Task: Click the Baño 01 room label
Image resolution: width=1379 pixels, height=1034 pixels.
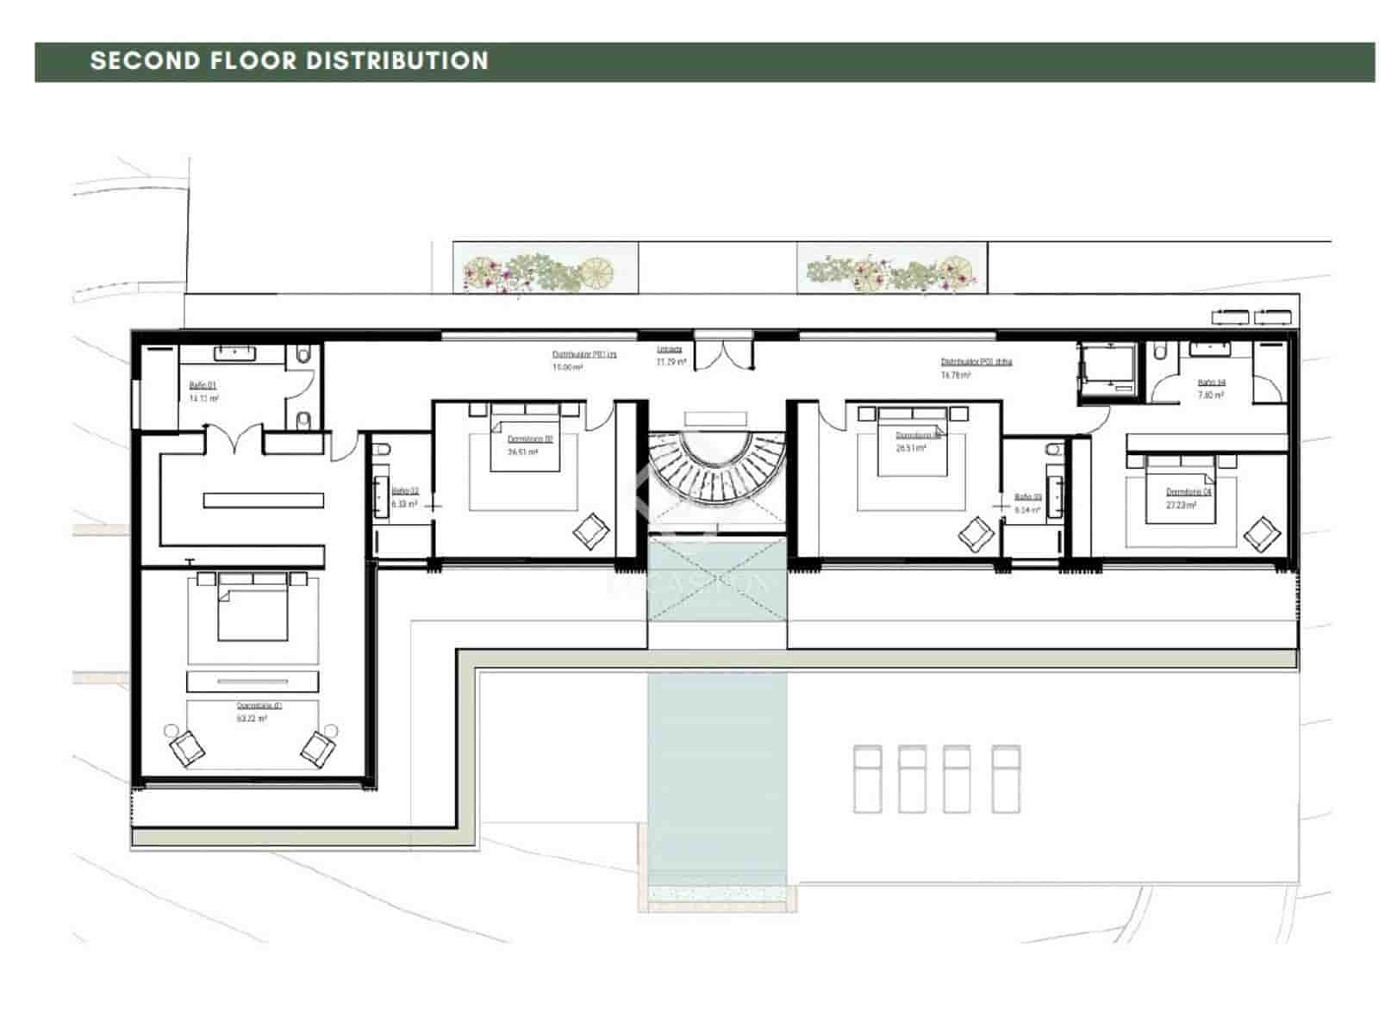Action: pyautogui.click(x=203, y=386)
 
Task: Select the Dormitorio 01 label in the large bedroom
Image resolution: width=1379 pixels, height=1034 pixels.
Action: pyautogui.click(x=259, y=705)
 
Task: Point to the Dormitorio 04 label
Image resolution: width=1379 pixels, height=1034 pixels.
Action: pyautogui.click(x=1189, y=492)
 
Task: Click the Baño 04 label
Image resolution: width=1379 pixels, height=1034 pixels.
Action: pyautogui.click(x=1211, y=383)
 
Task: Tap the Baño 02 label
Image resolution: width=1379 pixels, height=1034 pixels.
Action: pyautogui.click(x=404, y=491)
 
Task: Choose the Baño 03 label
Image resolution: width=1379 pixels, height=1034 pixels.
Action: pyautogui.click(x=1027, y=497)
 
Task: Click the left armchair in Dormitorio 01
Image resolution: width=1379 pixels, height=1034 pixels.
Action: pyautogui.click(x=186, y=746)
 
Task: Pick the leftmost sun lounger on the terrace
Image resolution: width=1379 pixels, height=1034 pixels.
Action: pyautogui.click(x=867, y=779)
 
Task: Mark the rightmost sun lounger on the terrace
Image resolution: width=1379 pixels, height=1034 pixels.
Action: pyautogui.click(x=1005, y=779)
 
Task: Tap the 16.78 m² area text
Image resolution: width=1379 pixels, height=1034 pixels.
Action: pyautogui.click(x=955, y=376)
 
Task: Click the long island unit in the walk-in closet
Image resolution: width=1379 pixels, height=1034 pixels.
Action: pyautogui.click(x=264, y=500)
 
